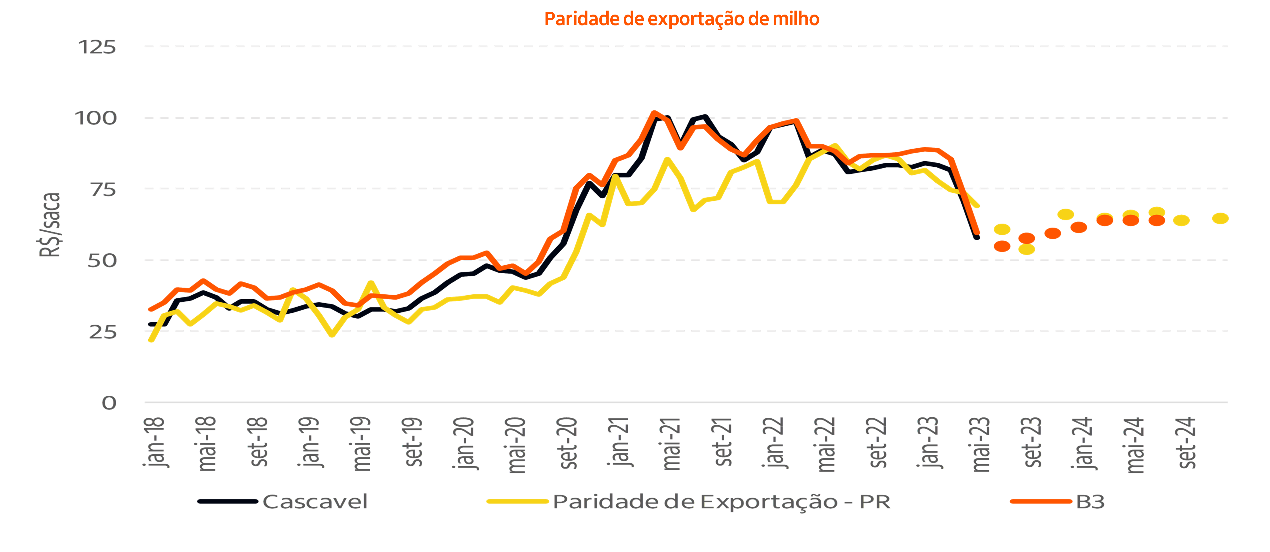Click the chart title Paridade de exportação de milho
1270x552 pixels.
(681, 19)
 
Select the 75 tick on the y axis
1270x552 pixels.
(103, 190)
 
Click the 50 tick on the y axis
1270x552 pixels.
(103, 260)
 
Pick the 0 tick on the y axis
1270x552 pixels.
(109, 403)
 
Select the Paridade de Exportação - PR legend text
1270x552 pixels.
(721, 502)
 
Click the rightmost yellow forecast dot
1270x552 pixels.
(1220, 218)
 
